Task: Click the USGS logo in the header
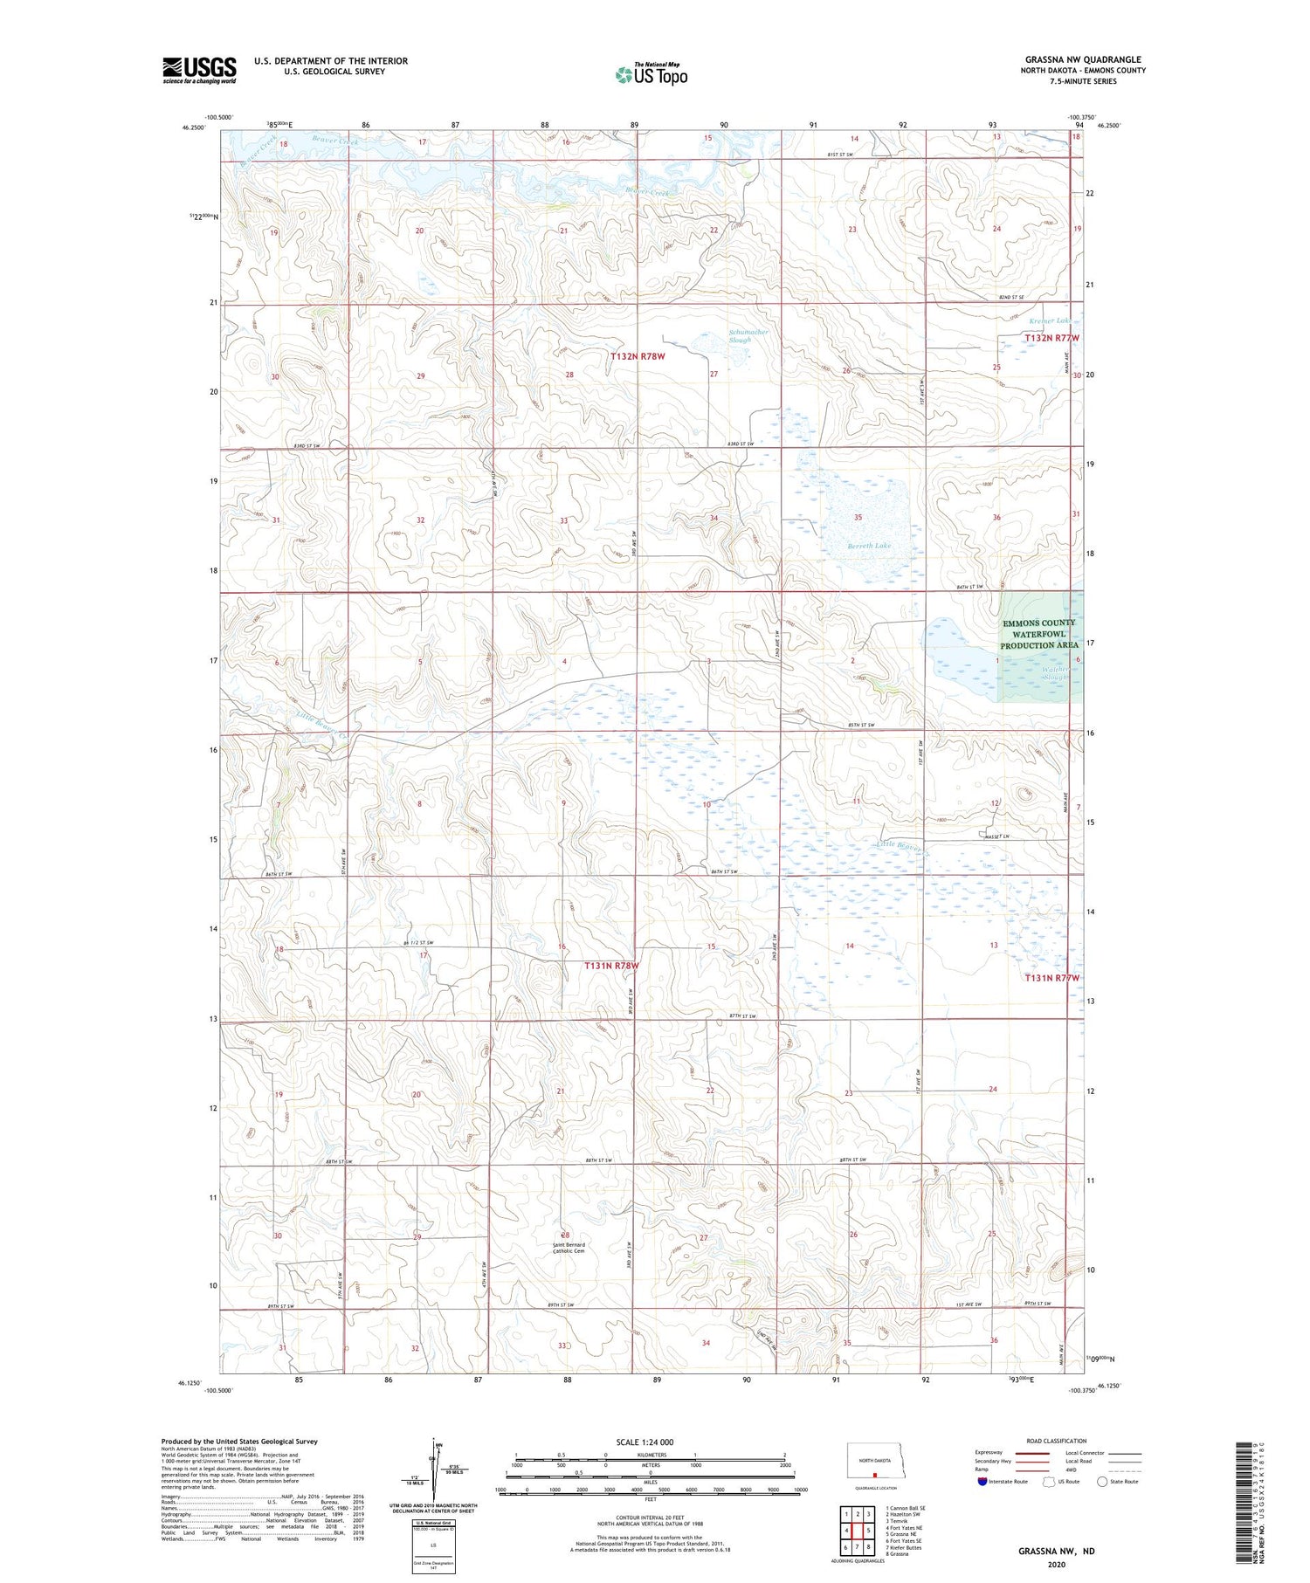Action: (x=199, y=70)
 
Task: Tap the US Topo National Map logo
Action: (x=651, y=74)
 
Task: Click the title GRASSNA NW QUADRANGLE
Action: (x=1082, y=59)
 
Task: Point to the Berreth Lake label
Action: (x=845, y=545)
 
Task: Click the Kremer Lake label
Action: (x=1048, y=320)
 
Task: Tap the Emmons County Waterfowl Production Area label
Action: (x=1038, y=634)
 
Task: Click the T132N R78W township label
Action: (x=638, y=356)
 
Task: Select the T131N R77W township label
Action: (x=1051, y=978)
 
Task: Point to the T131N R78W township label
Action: (x=611, y=966)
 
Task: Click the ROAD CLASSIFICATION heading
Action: (x=1057, y=1441)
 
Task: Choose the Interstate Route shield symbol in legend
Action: (x=982, y=1482)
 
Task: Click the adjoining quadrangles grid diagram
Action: (x=857, y=1529)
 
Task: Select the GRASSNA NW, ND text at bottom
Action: (x=1055, y=1552)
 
